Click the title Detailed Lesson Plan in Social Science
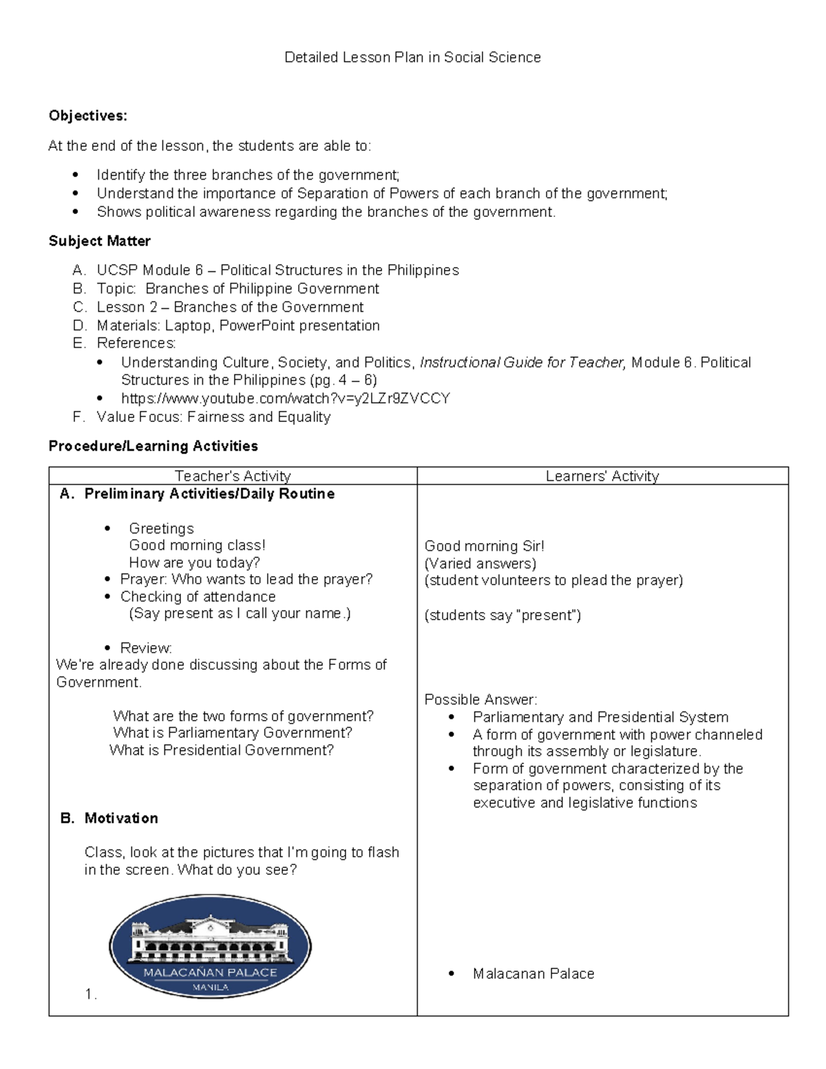pyautogui.click(x=412, y=58)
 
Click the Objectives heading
pyautogui.click(x=87, y=116)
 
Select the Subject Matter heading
pyautogui.click(x=99, y=241)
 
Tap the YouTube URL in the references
pyautogui.click(x=285, y=399)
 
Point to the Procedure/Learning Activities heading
pyautogui.click(x=153, y=446)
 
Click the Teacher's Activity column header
pyautogui.click(x=233, y=476)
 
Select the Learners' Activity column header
pyautogui.click(x=602, y=476)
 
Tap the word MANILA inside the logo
pyautogui.click(x=210, y=986)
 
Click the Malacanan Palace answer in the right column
pyautogui.click(x=533, y=973)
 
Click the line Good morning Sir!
pyautogui.click(x=484, y=546)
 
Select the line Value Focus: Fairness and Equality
pyautogui.click(x=213, y=417)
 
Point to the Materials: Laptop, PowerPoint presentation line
pyautogui.click(x=237, y=326)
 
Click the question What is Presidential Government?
pyautogui.click(x=222, y=750)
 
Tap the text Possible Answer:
pyautogui.click(x=480, y=699)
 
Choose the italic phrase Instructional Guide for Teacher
pyautogui.click(x=522, y=363)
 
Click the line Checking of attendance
pyautogui.click(x=198, y=597)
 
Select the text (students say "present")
pyautogui.click(x=502, y=615)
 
